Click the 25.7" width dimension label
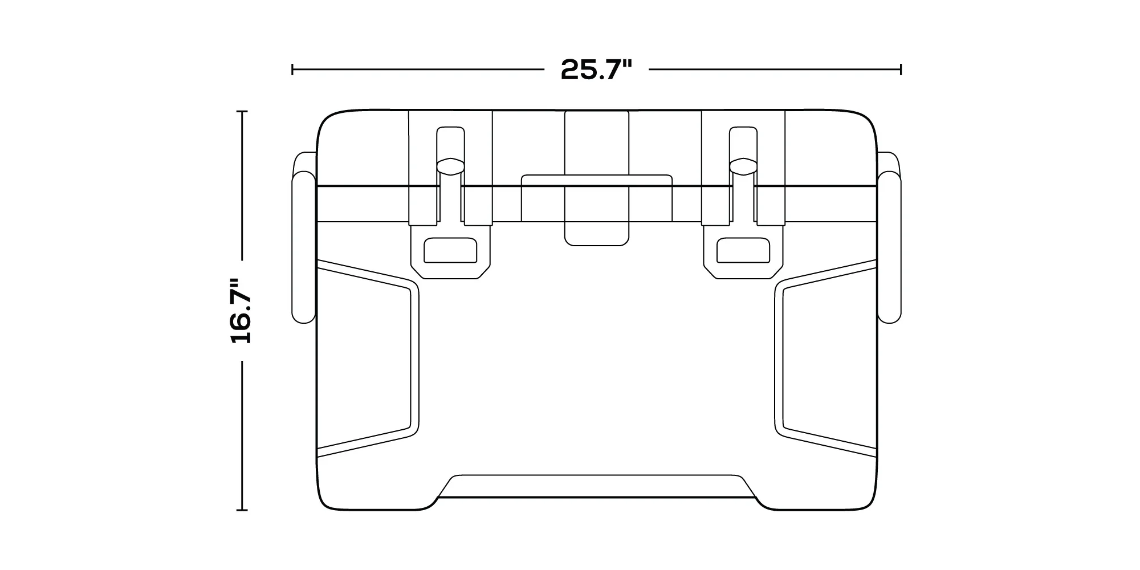click(x=597, y=70)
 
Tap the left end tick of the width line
click(x=292, y=70)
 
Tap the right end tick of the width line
click(x=901, y=70)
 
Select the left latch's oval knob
click(x=451, y=165)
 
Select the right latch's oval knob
click(x=743, y=165)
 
